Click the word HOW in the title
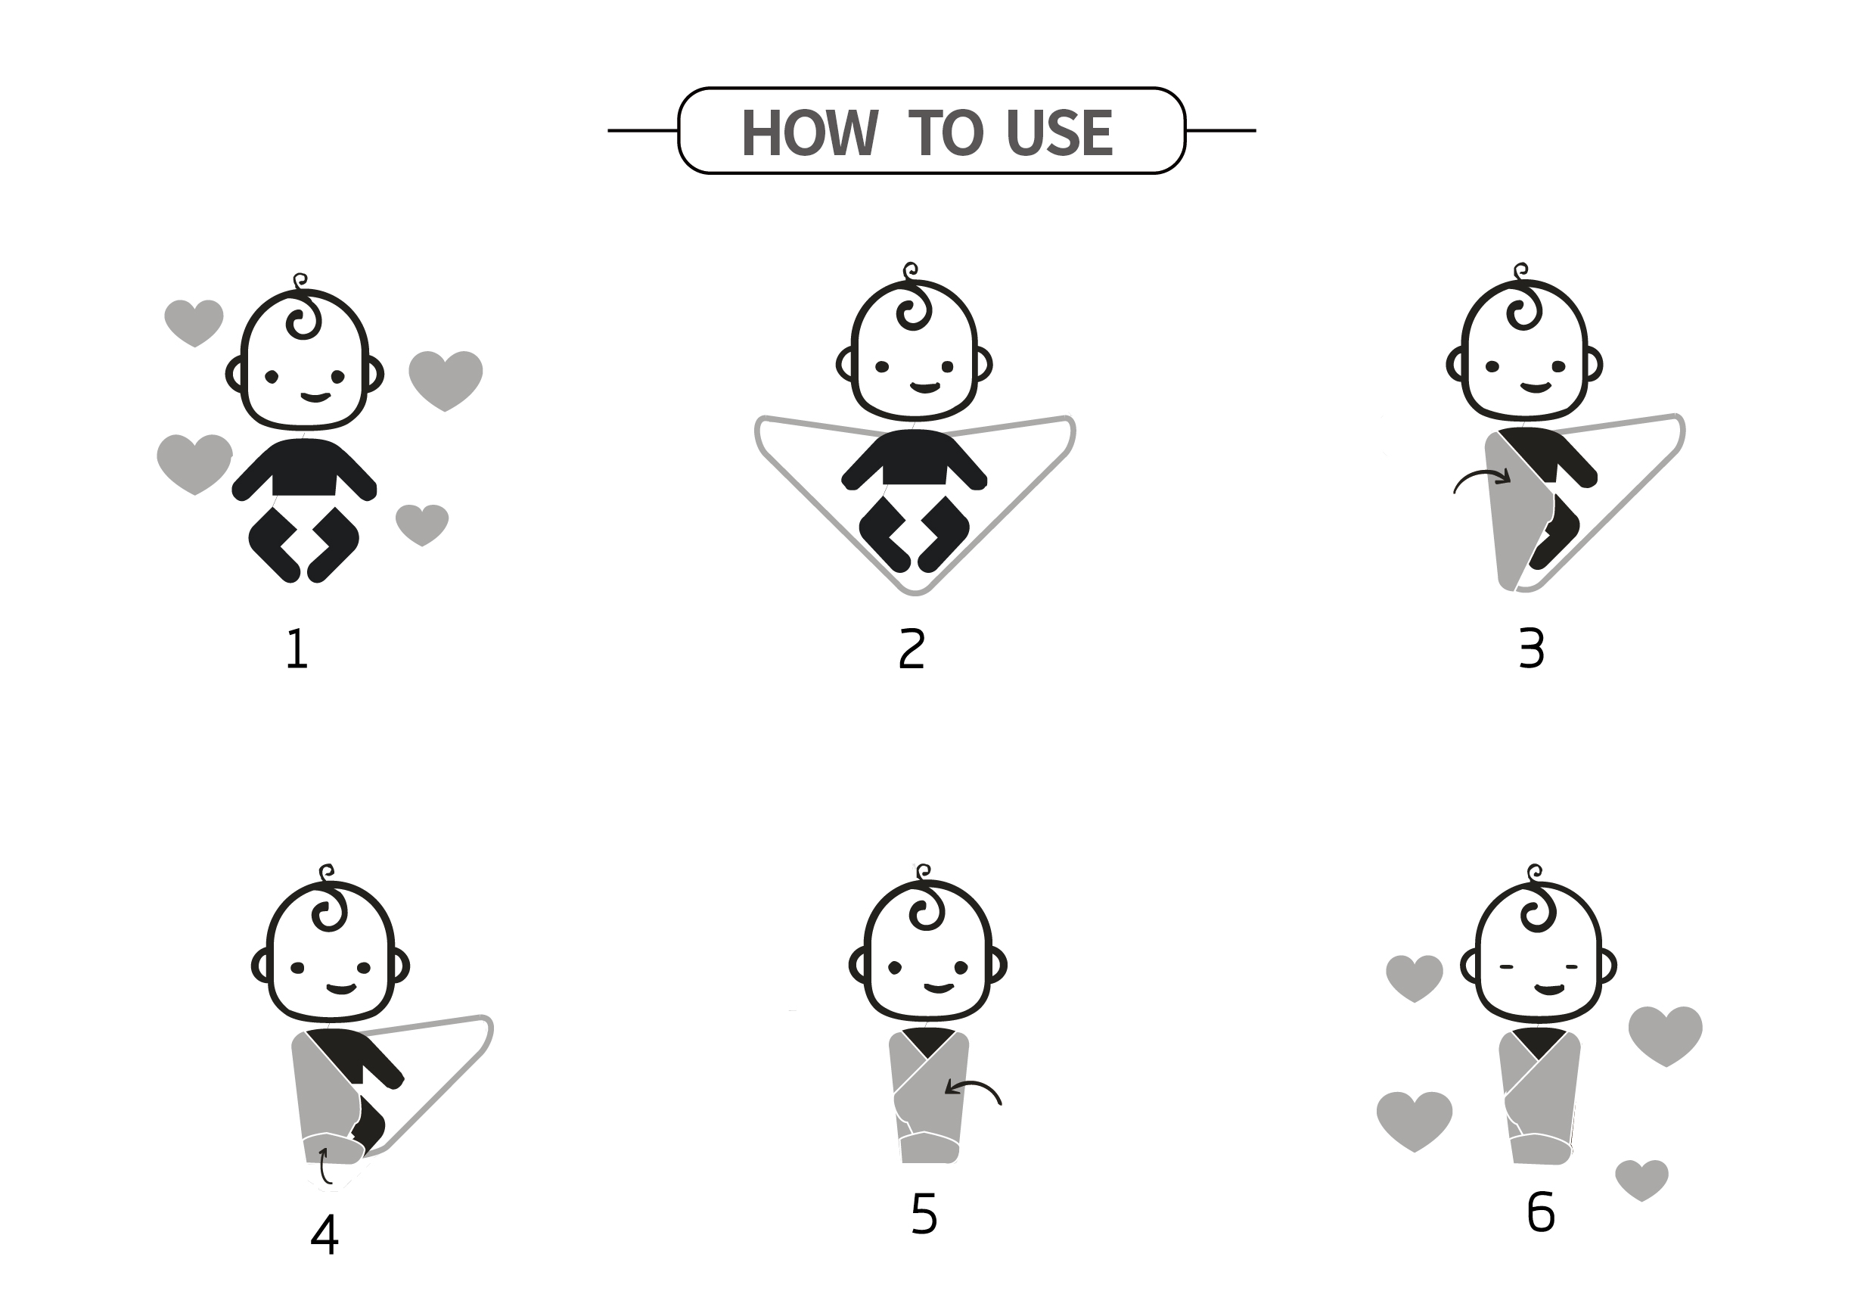(809, 132)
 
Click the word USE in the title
(1060, 132)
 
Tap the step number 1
(297, 649)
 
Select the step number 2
(912, 649)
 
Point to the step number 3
(1531, 649)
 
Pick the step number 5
(924, 1214)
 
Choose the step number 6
(1540, 1212)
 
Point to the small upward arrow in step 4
(323, 1165)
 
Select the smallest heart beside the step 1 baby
(422, 525)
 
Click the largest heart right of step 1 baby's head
(446, 380)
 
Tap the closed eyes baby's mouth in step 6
(1550, 989)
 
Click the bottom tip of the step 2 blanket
(915, 593)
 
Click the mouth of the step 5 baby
(939, 988)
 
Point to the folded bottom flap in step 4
(333, 1148)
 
